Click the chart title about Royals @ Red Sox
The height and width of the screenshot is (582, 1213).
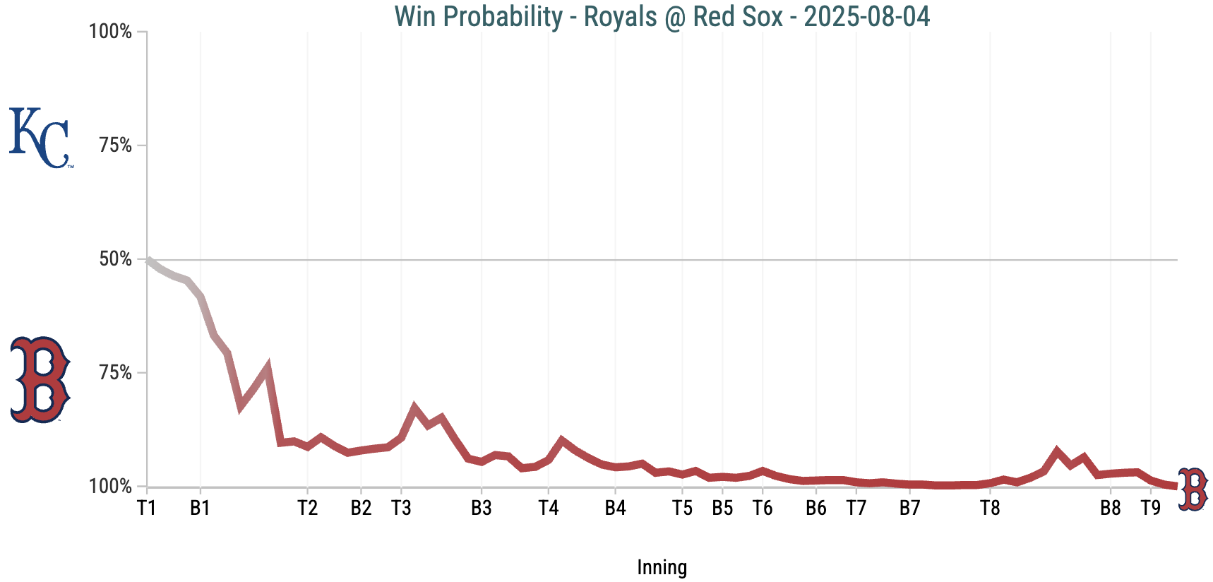point(662,16)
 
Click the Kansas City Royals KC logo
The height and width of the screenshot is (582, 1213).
point(40,138)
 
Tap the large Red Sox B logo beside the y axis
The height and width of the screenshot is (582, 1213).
point(40,380)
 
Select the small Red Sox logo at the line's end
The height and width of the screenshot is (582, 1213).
point(1193,489)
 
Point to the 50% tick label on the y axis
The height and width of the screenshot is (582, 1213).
point(116,259)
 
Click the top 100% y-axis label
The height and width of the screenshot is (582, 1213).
point(111,32)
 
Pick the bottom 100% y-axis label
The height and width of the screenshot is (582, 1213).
point(111,487)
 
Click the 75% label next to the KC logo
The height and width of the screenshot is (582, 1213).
point(116,145)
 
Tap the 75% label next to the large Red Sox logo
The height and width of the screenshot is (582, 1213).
point(116,373)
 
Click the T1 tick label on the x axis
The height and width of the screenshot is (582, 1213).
point(146,508)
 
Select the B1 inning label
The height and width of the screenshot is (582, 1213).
point(201,508)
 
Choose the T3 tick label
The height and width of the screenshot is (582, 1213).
point(401,508)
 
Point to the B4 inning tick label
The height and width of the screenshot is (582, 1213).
point(615,508)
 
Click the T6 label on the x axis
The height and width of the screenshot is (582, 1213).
point(763,508)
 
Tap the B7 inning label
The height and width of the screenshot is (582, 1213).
point(909,508)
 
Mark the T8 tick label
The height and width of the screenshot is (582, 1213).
point(990,508)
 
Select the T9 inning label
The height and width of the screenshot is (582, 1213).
point(1151,508)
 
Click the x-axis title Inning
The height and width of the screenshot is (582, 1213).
point(662,567)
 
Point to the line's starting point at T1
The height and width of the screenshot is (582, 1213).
point(148,260)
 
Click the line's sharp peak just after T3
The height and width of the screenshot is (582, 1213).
point(414,408)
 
